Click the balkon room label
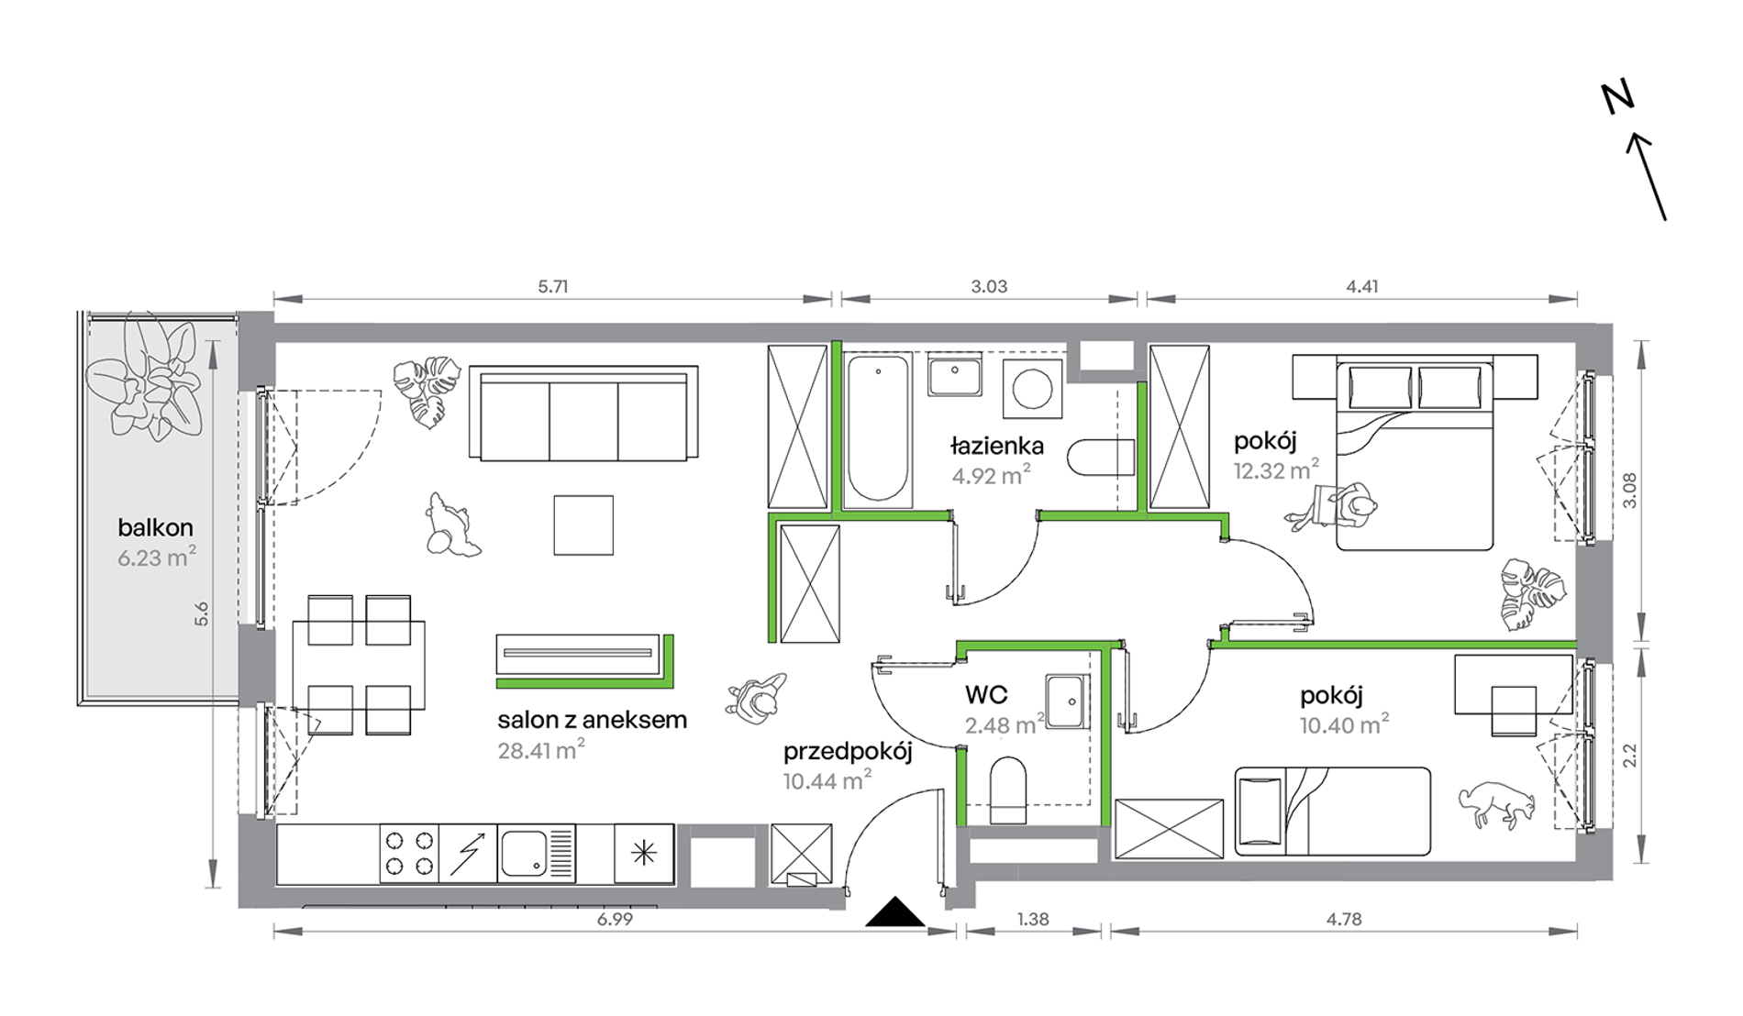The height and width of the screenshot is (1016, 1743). click(155, 527)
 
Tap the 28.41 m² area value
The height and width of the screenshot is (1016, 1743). click(541, 750)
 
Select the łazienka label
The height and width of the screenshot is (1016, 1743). click(997, 447)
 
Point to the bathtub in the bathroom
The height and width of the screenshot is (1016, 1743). click(878, 429)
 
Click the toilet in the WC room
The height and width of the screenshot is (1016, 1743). click(1008, 790)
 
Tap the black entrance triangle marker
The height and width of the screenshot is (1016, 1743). click(895, 912)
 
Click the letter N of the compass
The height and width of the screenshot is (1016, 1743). click(1618, 97)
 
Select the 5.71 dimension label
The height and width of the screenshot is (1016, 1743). click(553, 286)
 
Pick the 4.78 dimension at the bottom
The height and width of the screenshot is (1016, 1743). click(1344, 919)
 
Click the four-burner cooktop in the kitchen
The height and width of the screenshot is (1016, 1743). click(409, 854)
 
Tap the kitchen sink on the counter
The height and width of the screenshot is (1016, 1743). click(536, 854)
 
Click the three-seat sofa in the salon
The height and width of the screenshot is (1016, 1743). click(583, 414)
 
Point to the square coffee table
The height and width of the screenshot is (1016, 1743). click(583, 525)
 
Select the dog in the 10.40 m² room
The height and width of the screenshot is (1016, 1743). click(1497, 804)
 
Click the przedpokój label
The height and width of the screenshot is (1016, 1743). click(848, 753)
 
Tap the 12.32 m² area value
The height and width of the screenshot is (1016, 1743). click(1276, 470)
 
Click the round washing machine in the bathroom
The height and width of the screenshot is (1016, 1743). click(1033, 389)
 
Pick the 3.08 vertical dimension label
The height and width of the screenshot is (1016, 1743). click(1629, 491)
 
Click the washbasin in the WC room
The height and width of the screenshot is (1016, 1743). click(1067, 701)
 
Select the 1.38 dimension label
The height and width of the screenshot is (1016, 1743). click(1033, 919)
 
